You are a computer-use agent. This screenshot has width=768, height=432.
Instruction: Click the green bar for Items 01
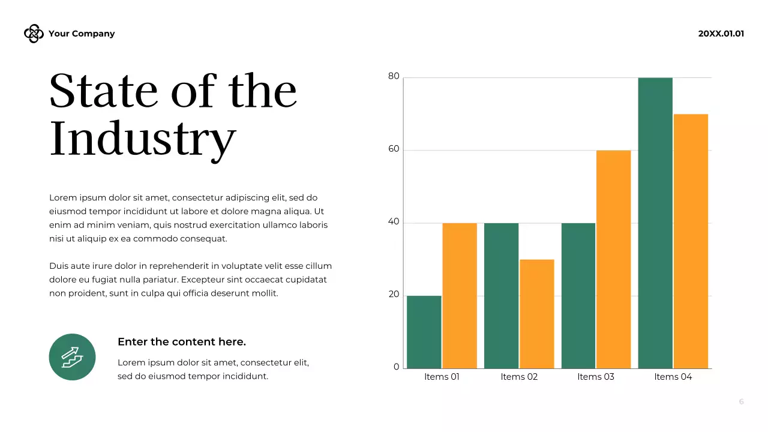(x=424, y=332)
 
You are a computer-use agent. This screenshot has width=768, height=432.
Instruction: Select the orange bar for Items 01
(x=460, y=295)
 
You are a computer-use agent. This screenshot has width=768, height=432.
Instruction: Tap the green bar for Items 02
(x=502, y=295)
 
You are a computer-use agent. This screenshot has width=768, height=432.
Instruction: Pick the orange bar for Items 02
(x=537, y=313)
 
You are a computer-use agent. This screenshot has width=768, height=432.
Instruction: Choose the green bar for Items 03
(x=578, y=295)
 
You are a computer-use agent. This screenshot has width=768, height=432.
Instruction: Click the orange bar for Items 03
(x=614, y=259)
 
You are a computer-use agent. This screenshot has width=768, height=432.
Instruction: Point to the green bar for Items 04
(x=655, y=223)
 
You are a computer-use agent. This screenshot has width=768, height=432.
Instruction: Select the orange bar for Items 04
(x=691, y=241)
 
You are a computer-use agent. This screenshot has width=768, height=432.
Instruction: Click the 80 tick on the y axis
(x=394, y=76)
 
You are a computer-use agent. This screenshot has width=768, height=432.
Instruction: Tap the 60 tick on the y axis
(x=394, y=149)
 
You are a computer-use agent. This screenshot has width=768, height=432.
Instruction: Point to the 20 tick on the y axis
(x=394, y=294)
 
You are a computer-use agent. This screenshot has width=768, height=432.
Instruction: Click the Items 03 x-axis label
(x=596, y=377)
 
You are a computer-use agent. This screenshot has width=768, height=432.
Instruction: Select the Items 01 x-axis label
(x=442, y=377)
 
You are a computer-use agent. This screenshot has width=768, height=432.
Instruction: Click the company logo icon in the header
(x=34, y=34)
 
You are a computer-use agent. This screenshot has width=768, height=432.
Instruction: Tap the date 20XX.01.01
(x=721, y=34)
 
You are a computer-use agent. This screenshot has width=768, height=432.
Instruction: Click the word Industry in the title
(x=143, y=139)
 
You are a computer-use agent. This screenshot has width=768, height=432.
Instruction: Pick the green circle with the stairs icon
(x=72, y=357)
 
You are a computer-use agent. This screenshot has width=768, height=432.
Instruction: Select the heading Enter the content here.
(x=182, y=342)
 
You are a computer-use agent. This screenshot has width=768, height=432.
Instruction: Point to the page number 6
(x=741, y=402)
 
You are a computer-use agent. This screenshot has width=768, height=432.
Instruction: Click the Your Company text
(x=82, y=34)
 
